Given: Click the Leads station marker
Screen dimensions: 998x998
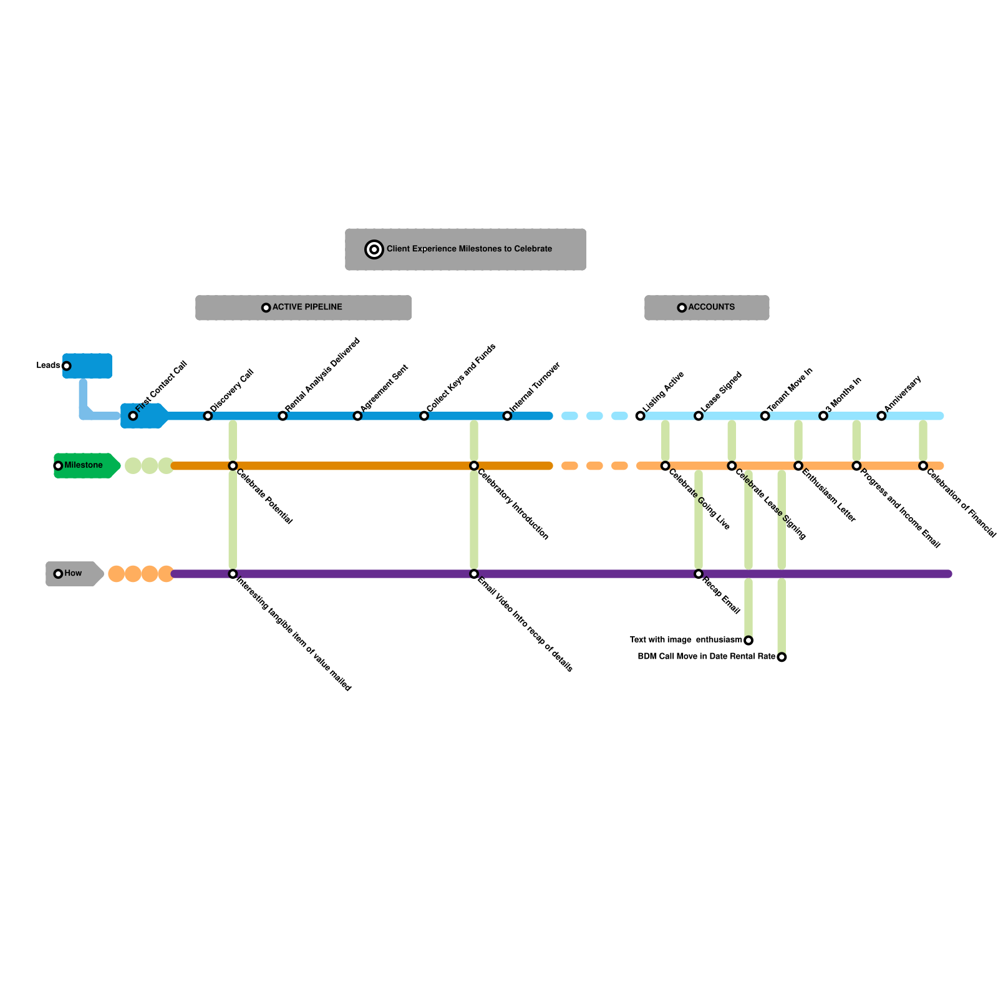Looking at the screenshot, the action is (67, 366).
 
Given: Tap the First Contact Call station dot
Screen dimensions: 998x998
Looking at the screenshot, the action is (133, 416).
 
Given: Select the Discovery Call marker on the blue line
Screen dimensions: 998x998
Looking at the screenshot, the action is (208, 416).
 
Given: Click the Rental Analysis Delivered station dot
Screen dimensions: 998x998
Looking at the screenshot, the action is (283, 416).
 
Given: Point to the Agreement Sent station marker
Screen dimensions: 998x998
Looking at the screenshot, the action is (357, 416).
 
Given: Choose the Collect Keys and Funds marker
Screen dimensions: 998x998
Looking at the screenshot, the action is (424, 416).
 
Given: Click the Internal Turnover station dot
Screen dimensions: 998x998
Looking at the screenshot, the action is (507, 416).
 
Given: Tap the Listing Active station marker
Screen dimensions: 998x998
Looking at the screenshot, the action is (641, 416).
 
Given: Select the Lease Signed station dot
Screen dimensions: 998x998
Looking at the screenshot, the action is (699, 416).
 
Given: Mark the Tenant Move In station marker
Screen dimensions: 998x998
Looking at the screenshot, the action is (765, 416).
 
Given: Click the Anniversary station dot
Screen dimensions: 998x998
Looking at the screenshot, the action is (881, 416).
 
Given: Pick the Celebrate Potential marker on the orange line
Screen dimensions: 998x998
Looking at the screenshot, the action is (233, 466).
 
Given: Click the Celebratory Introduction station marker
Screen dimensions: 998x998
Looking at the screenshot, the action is (474, 466).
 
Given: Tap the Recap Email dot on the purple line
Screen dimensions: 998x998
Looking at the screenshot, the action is (699, 574).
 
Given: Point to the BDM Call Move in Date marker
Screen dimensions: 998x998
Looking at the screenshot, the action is (782, 657).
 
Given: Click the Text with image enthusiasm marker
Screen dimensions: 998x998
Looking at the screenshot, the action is (748, 641).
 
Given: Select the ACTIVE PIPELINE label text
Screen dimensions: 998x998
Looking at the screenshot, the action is (308, 307).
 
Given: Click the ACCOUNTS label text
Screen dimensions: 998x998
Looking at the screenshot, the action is (712, 307).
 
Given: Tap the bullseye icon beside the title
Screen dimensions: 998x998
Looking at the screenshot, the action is (374, 249).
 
